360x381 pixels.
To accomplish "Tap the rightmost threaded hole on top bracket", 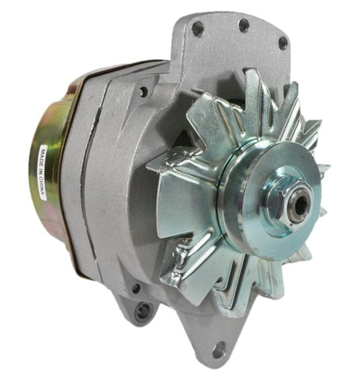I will point(283,42).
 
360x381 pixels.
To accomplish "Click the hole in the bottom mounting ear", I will point(218,350).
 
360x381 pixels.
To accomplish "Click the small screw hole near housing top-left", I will point(142,91).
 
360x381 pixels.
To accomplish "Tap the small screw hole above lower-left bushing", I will point(136,288).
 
